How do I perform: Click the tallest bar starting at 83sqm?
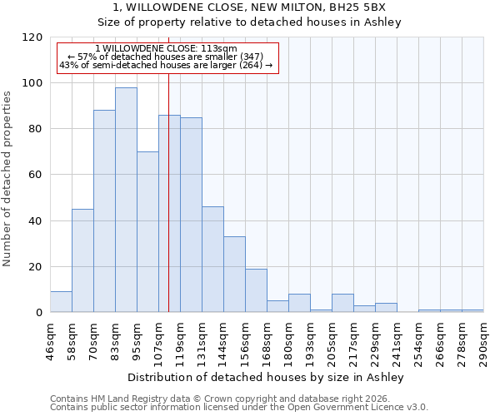click(x=126, y=200)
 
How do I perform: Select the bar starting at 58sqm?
click(x=82, y=260)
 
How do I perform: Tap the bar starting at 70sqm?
click(x=104, y=211)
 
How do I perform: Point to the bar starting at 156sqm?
click(x=256, y=290)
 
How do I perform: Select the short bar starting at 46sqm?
click(x=61, y=302)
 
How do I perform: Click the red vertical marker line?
click(x=168, y=191)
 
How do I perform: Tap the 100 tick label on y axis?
click(x=33, y=83)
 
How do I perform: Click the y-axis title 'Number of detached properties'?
click(x=7, y=179)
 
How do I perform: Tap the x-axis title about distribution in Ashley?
click(x=266, y=378)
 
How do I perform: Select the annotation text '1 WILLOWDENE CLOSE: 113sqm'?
click(x=166, y=48)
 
